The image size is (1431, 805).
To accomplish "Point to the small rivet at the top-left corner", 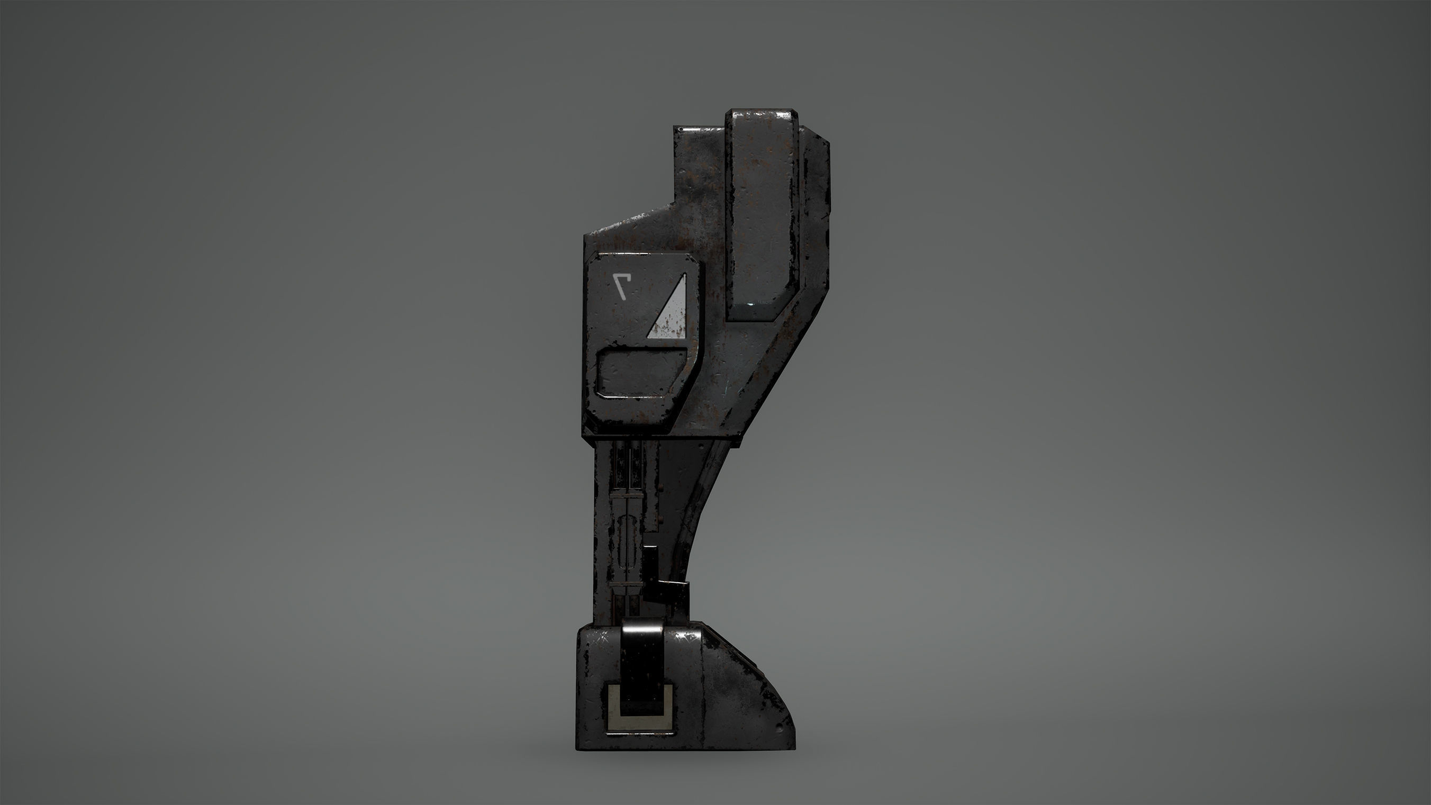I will (681, 130).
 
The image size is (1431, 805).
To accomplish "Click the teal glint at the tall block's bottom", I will (751, 305).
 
